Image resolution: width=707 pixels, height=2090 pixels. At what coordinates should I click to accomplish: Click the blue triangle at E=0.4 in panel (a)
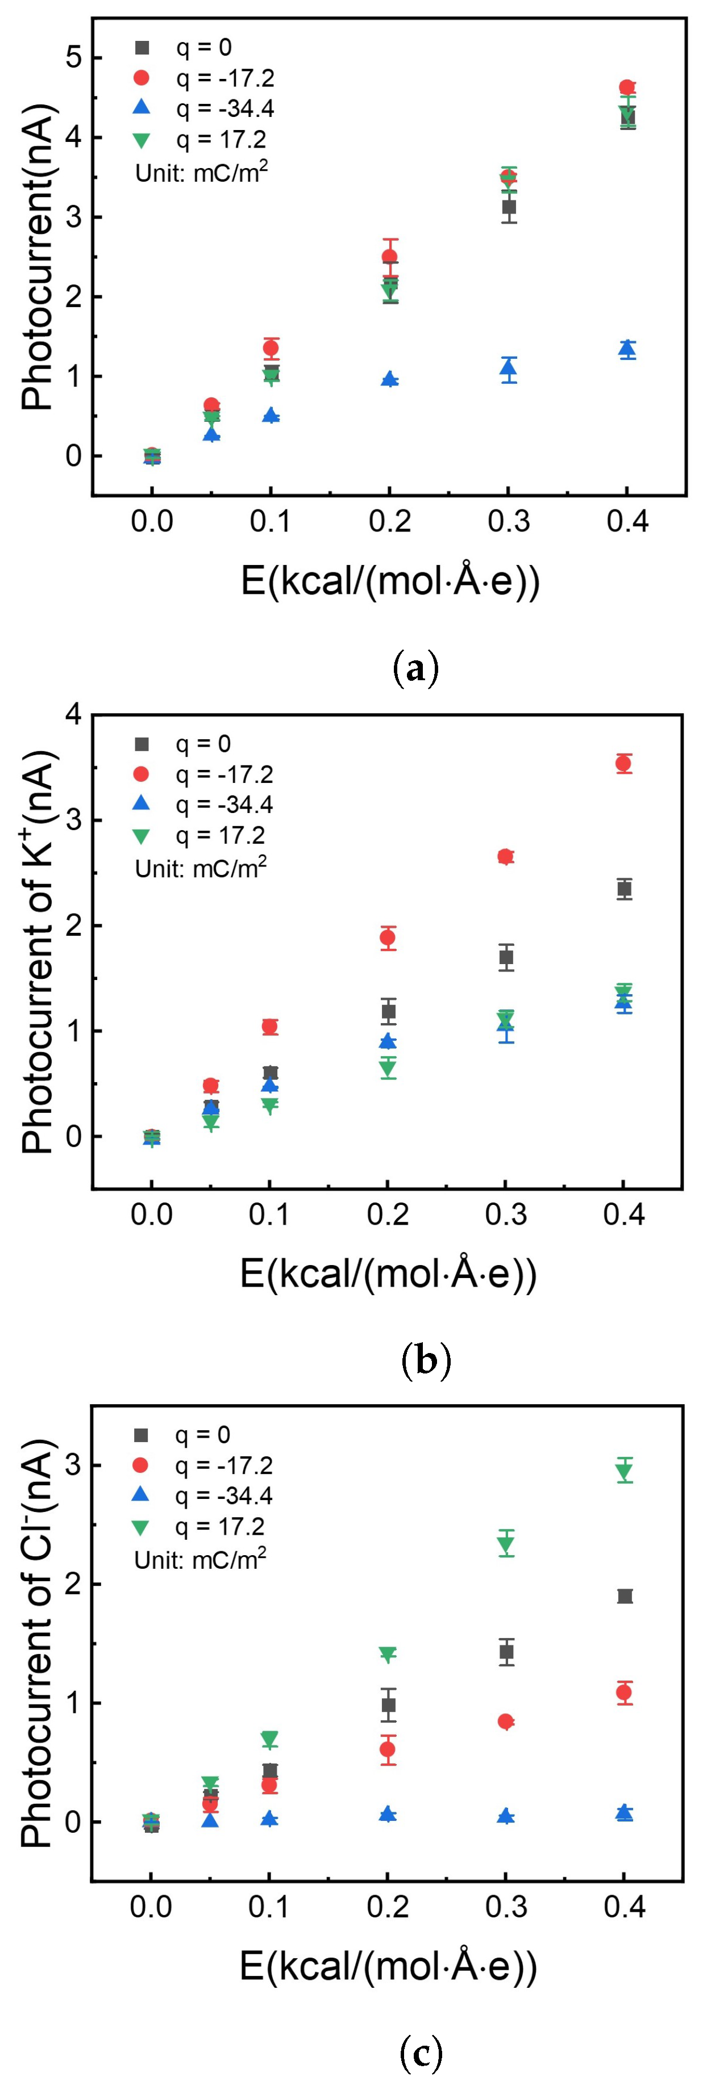[x=627, y=349]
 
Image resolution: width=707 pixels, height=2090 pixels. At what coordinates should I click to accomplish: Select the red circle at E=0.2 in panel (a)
[x=390, y=257]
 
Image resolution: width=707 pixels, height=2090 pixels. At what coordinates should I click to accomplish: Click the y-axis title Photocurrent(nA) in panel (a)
[x=38, y=257]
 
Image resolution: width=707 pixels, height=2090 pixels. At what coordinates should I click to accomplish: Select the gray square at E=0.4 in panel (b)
[x=623, y=889]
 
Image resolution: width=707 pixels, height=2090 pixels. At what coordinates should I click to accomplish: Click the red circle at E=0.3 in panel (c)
[x=506, y=1721]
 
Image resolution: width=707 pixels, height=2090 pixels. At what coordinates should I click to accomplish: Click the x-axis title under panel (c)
[x=388, y=1966]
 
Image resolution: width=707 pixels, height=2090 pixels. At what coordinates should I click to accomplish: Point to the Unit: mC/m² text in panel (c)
[x=199, y=1559]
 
